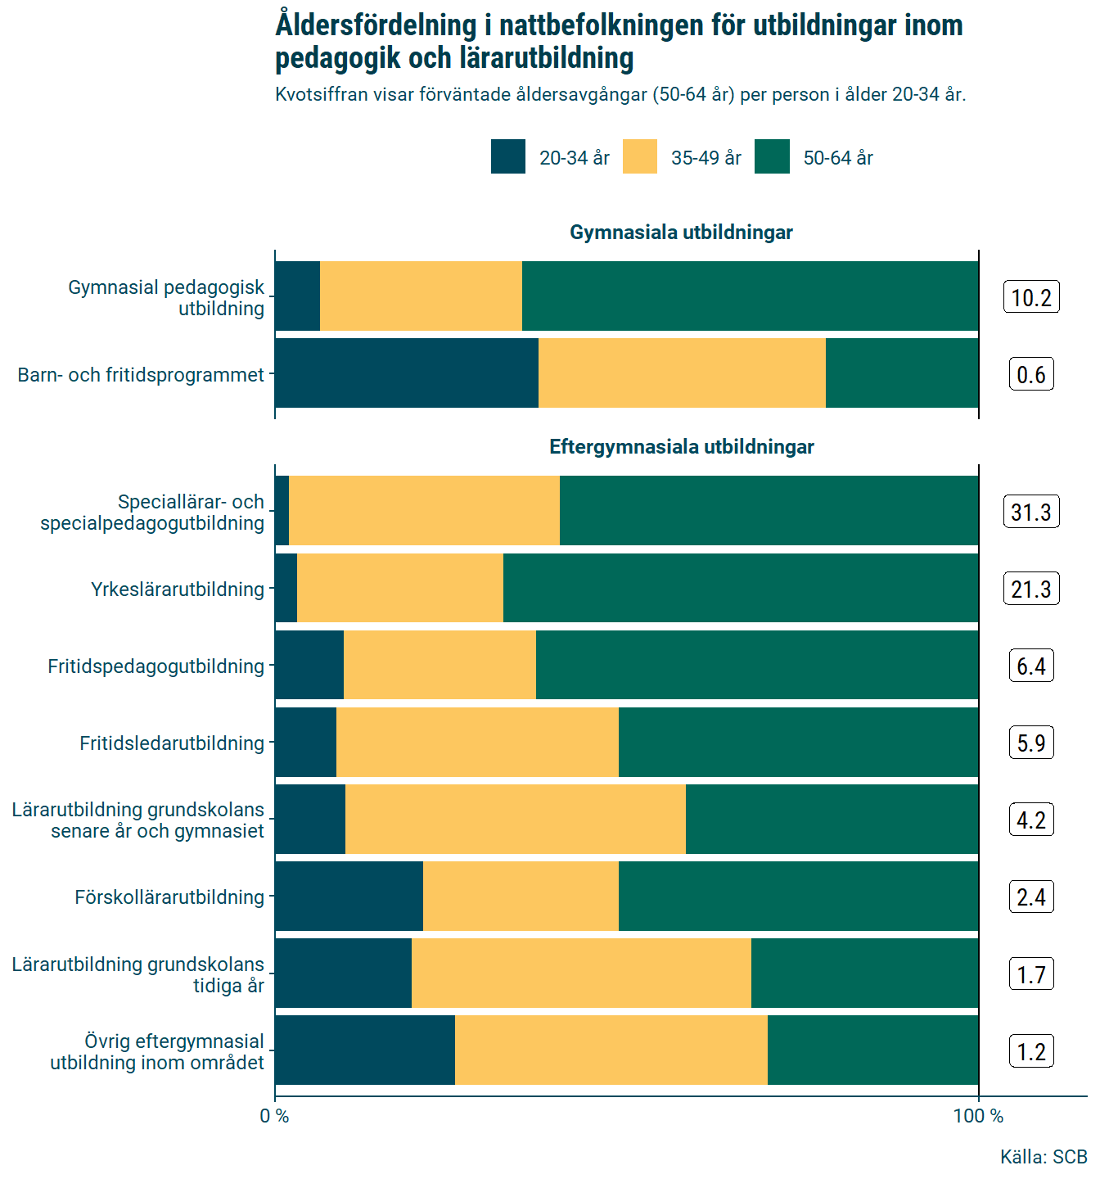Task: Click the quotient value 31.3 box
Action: coord(1031,512)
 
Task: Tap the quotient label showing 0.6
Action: coord(1031,374)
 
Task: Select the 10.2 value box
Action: coord(1031,297)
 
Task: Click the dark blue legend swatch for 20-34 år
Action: coord(508,157)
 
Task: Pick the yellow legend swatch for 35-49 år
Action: coord(640,157)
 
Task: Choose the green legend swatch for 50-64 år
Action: coord(772,157)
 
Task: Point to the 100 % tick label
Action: coord(978,1116)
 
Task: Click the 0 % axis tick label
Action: coord(275,1116)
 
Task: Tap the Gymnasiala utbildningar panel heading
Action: coord(681,233)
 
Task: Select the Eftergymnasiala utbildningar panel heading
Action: coord(681,447)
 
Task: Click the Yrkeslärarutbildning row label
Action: coord(178,589)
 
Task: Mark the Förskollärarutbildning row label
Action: coord(169,897)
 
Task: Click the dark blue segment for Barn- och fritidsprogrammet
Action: coord(407,373)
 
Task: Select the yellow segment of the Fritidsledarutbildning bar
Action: coord(477,743)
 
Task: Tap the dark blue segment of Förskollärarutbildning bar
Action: coord(349,897)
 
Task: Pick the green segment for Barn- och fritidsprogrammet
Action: coord(902,373)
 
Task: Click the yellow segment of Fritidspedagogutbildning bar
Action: coord(440,665)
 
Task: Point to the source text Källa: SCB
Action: coord(1043,1157)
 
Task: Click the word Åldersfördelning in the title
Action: coord(376,25)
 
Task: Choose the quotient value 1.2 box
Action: coord(1031,1051)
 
